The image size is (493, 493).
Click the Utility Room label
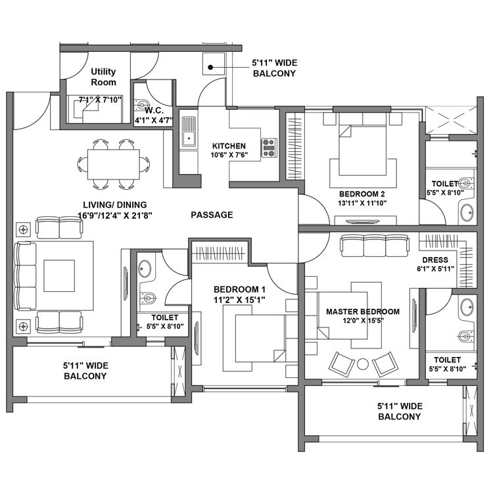(x=103, y=77)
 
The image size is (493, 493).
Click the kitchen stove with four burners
(x=269, y=148)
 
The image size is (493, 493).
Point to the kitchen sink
(x=189, y=131)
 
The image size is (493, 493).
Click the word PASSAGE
(x=212, y=215)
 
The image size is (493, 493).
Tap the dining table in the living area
(x=113, y=163)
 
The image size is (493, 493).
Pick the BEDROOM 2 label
(x=362, y=199)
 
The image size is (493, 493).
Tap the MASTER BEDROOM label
(x=362, y=316)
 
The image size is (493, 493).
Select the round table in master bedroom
(x=363, y=363)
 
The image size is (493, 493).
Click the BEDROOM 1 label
(x=240, y=294)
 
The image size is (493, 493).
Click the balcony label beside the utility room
(x=275, y=68)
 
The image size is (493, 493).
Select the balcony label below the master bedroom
(x=399, y=411)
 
